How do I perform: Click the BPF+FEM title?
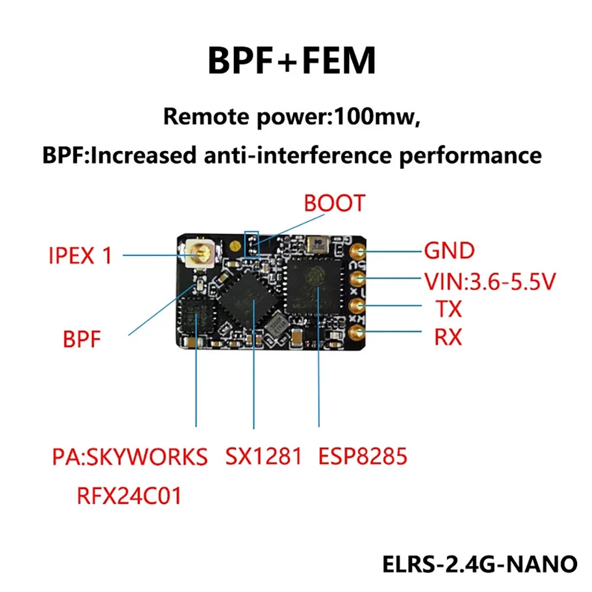pyautogui.click(x=292, y=62)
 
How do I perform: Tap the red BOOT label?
pyautogui.click(x=334, y=203)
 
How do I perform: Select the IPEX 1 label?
pyautogui.click(x=80, y=255)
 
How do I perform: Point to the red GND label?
pyautogui.click(x=449, y=251)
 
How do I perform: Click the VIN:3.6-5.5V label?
pyautogui.click(x=490, y=282)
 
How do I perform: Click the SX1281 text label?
pyautogui.click(x=264, y=457)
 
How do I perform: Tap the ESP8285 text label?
pyautogui.click(x=363, y=457)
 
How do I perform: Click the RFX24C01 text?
pyautogui.click(x=129, y=495)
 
